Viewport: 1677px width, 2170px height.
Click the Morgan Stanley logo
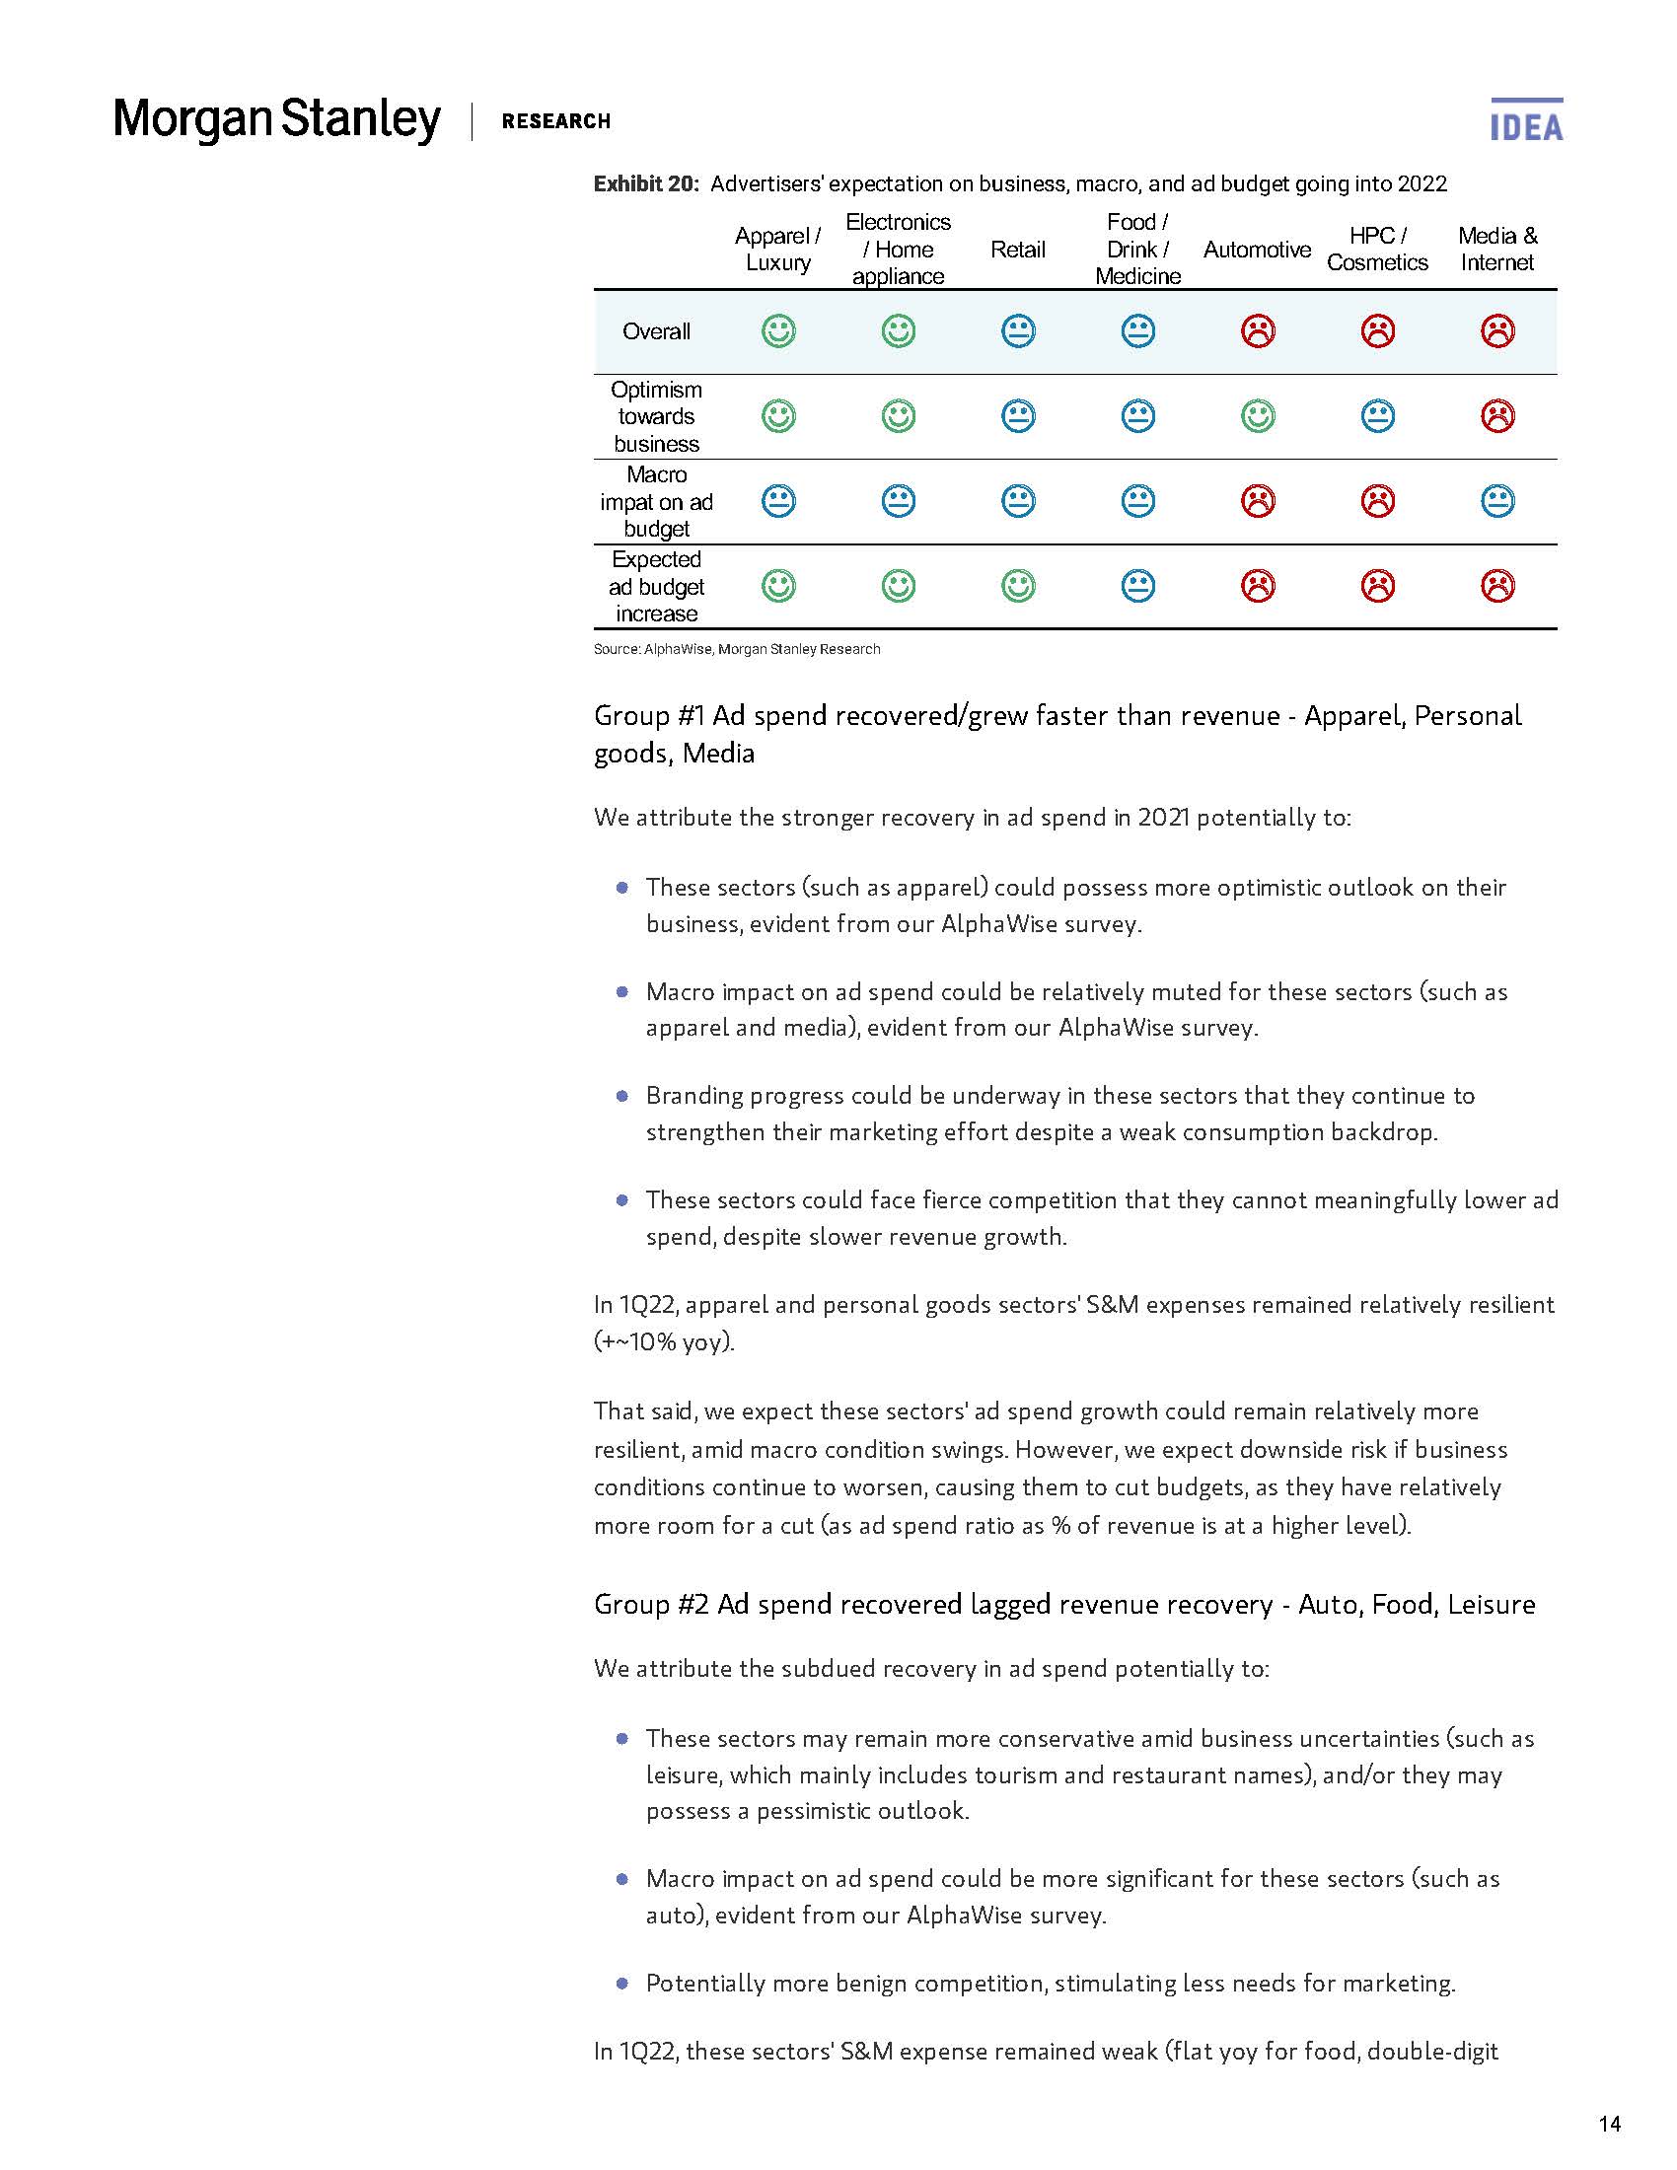point(276,119)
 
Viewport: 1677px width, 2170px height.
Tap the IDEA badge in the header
point(1526,121)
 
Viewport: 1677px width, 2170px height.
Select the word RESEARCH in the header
point(555,121)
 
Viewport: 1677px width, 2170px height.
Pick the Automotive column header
point(1257,250)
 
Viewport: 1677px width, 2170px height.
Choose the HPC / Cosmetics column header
point(1377,250)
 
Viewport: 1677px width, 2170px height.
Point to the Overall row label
point(656,331)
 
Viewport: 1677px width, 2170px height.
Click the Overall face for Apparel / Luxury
point(778,330)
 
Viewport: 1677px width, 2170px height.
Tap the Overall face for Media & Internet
point(1497,330)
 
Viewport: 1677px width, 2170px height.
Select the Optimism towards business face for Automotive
point(1258,416)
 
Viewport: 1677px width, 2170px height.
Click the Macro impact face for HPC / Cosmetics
point(1377,501)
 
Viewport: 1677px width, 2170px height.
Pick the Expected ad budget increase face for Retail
point(1017,586)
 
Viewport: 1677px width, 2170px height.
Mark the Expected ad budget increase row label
point(656,586)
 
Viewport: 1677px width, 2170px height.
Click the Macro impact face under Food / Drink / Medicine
point(1137,501)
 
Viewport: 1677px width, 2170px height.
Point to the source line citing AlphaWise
point(736,649)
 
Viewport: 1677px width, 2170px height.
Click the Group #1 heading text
point(1057,733)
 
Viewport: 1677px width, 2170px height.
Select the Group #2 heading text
point(1064,1604)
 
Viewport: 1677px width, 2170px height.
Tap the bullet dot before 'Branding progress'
point(621,1096)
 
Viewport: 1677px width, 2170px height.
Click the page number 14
point(1609,2125)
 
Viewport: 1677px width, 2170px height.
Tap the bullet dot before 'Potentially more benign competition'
point(621,1984)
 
